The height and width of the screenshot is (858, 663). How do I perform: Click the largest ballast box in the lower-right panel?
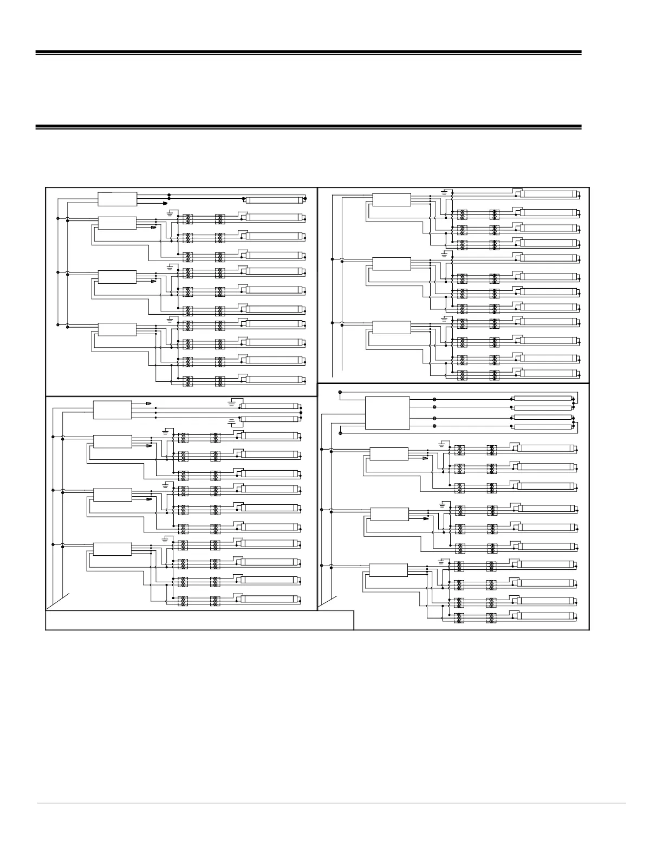tap(387, 413)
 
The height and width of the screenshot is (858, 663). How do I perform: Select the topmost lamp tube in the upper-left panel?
tap(275, 199)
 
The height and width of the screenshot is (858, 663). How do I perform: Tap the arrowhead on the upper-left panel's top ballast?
tap(164, 204)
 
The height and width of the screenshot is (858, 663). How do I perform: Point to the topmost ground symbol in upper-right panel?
tap(445, 192)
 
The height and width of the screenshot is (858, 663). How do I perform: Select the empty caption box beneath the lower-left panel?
tap(199, 620)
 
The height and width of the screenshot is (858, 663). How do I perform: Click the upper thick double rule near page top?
tap(308, 53)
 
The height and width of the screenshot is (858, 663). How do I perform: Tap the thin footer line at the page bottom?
tap(331, 803)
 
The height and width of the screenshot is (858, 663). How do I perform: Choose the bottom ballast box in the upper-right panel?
tap(392, 327)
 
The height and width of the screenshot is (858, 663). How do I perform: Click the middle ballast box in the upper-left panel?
tap(117, 276)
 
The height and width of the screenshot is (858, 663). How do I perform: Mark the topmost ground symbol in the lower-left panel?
tap(232, 402)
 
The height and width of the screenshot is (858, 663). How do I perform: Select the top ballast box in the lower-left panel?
tap(112, 409)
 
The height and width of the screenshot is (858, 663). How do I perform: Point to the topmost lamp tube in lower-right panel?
tap(542, 398)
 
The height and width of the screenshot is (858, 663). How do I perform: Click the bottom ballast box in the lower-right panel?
tap(388, 570)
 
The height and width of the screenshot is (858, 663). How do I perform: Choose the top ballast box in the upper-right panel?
tap(392, 199)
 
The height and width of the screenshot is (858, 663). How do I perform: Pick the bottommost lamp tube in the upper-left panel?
tap(275, 380)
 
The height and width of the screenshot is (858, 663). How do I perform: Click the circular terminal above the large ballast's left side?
tap(340, 392)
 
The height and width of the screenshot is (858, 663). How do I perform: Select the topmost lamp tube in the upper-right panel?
tap(550, 193)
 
